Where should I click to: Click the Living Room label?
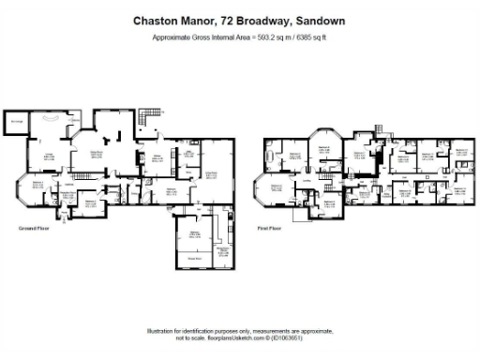[x=213, y=173]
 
